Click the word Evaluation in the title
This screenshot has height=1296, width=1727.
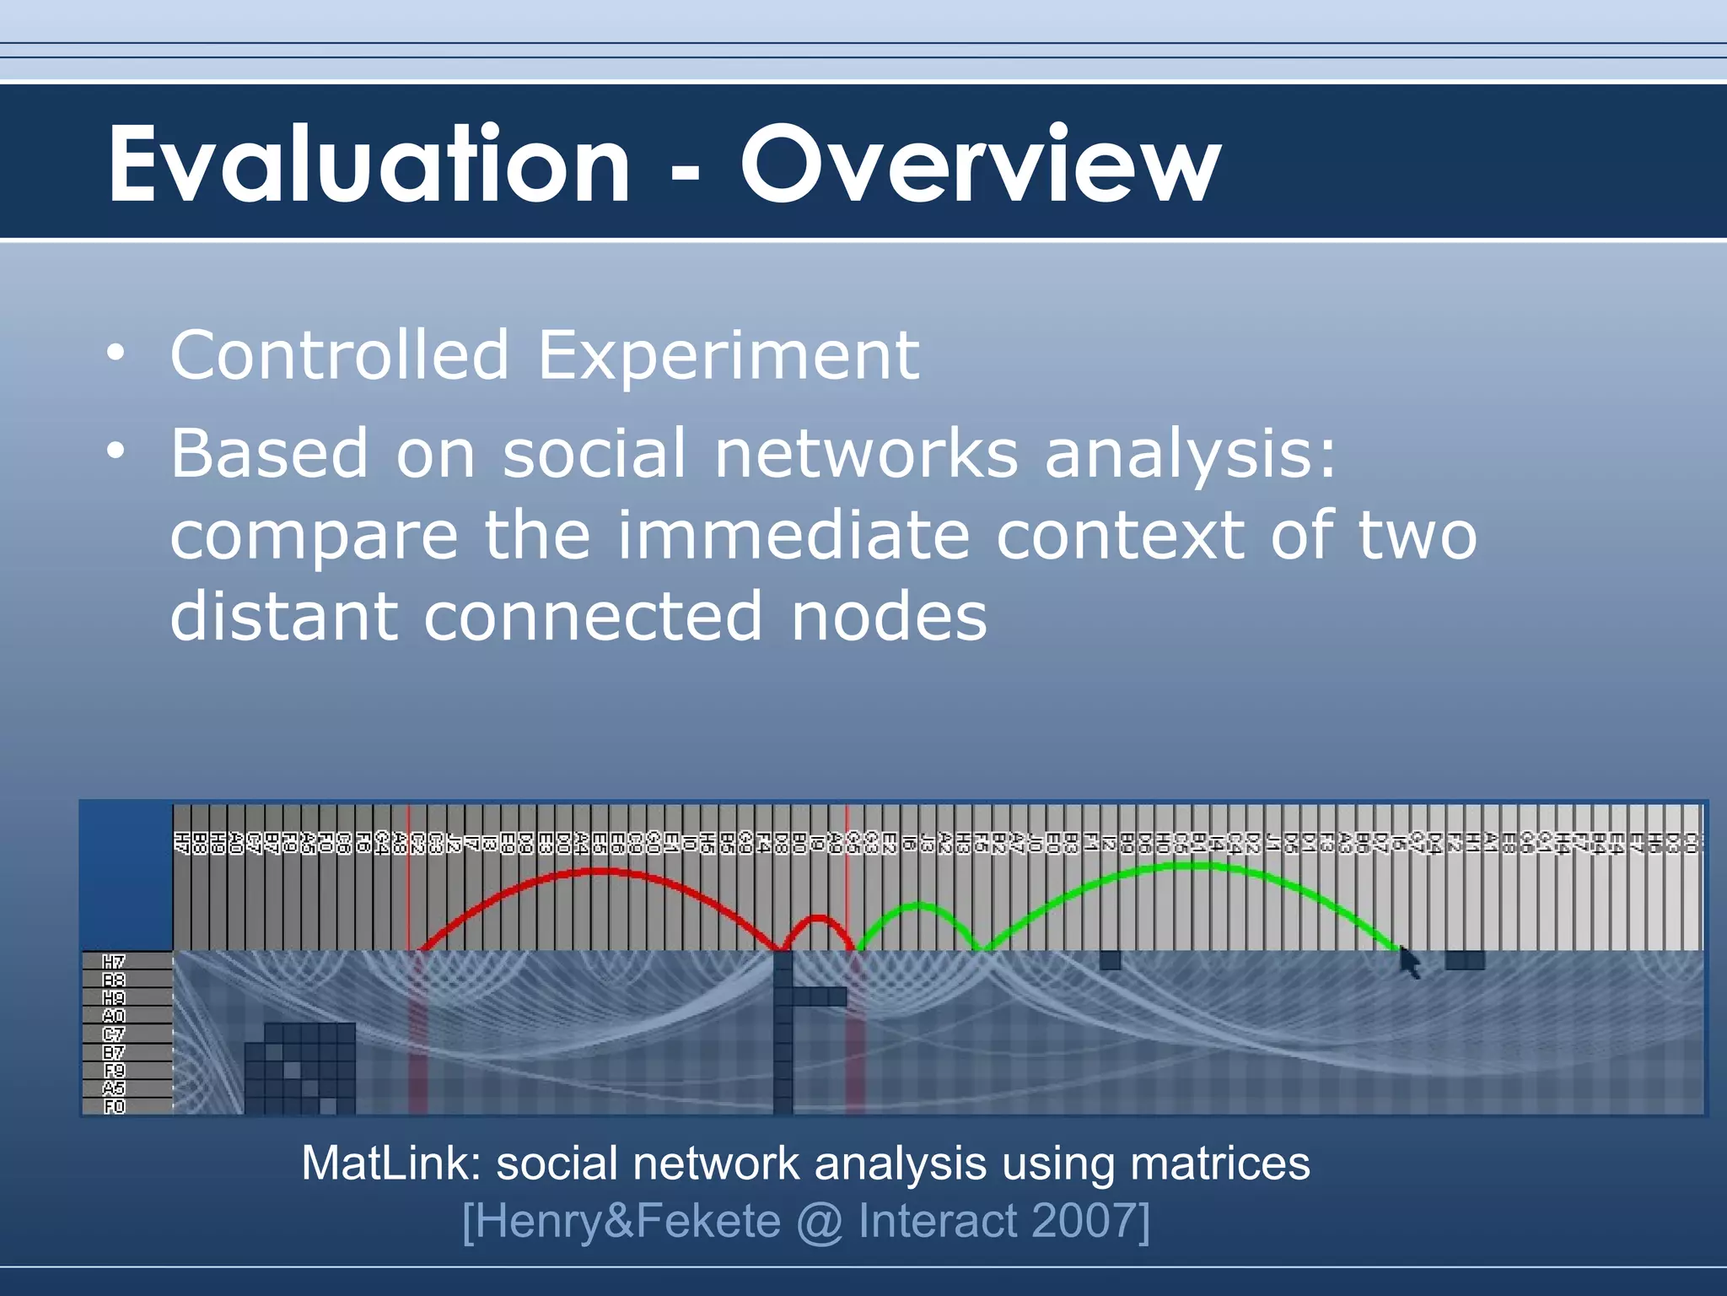[369, 164]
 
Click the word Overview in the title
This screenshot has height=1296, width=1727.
[980, 164]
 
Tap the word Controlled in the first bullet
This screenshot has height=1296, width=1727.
[339, 355]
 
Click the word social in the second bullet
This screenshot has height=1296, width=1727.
[594, 454]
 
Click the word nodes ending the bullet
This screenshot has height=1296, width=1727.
[889, 617]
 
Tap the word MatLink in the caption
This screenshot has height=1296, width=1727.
[390, 1164]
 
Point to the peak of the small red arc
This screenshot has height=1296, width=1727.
[816, 916]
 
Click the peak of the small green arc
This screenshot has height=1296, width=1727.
[919, 906]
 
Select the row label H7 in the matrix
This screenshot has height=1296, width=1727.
[114, 962]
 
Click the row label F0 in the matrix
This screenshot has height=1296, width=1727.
[114, 1106]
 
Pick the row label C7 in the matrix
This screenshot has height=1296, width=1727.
[114, 1034]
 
